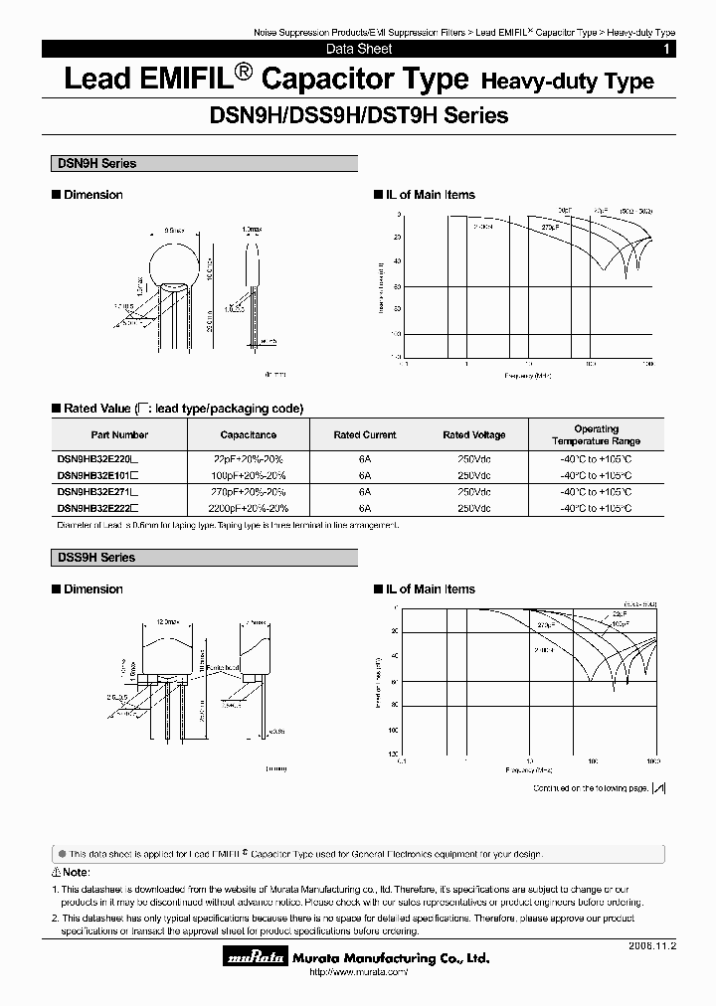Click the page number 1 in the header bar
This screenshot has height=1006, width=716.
pos(666,49)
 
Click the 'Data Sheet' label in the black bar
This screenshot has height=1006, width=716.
pos(359,49)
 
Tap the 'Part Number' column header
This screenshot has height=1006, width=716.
pos(119,434)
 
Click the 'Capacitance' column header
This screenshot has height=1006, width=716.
pos(249,434)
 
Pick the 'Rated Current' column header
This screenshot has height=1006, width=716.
pos(365,434)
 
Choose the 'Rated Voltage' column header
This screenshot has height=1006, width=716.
pos(474,434)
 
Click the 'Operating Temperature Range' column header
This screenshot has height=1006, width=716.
pos(596,434)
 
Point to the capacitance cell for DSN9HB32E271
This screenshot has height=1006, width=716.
pos(250,492)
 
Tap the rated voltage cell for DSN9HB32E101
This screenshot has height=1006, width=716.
pos(474,476)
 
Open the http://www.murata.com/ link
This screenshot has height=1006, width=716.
pos(358,972)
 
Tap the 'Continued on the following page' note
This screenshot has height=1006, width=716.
pos(590,787)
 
